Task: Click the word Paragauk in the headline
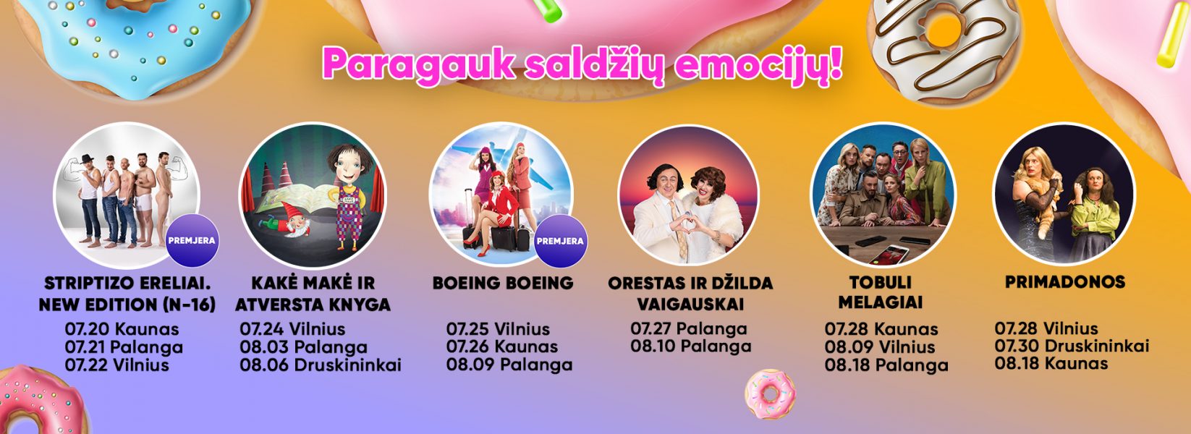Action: (418, 64)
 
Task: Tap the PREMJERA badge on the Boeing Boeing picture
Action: (561, 241)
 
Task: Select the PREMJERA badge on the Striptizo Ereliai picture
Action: (192, 240)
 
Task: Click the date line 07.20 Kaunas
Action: (122, 329)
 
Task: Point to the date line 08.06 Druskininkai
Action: (320, 365)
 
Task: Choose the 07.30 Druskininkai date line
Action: (1072, 346)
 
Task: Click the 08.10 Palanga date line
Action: (691, 347)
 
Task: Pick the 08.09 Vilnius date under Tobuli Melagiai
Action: (879, 347)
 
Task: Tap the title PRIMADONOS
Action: (1065, 281)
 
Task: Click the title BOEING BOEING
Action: (503, 283)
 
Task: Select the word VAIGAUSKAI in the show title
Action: (690, 305)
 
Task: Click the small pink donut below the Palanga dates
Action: (770, 394)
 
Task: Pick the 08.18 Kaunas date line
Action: (1051, 364)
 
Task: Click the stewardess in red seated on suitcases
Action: (493, 215)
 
